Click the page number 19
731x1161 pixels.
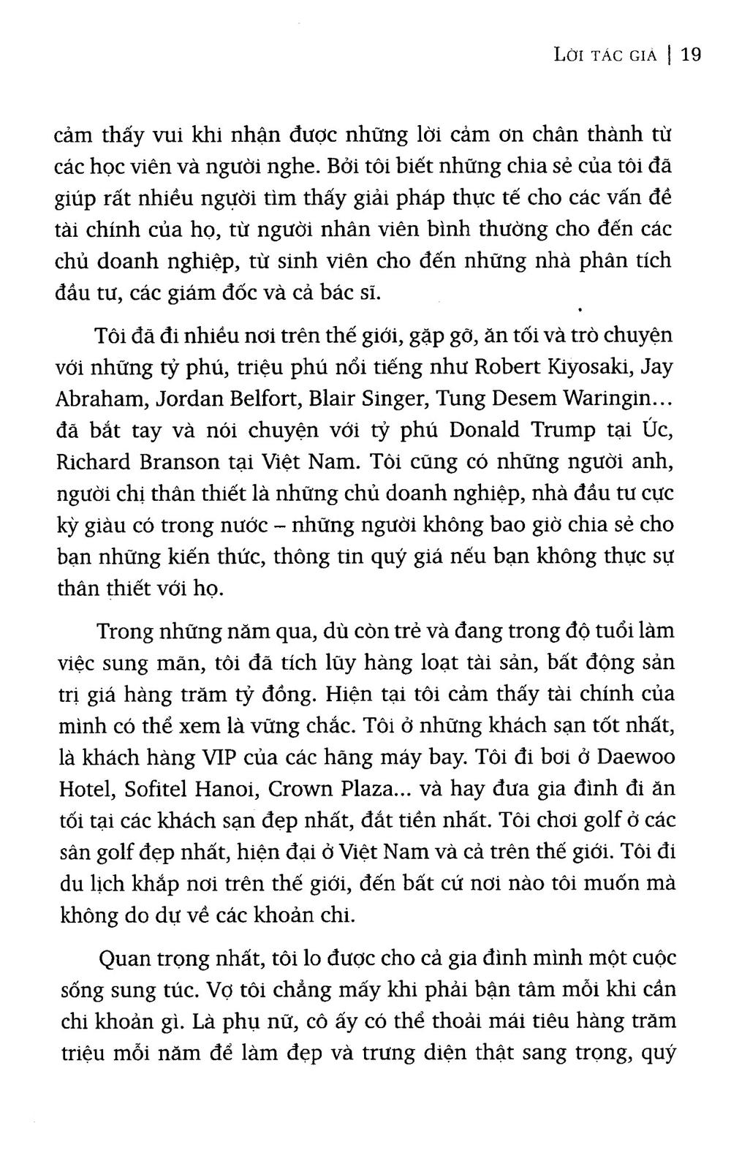coord(691,54)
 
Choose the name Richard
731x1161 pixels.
coord(89,462)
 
